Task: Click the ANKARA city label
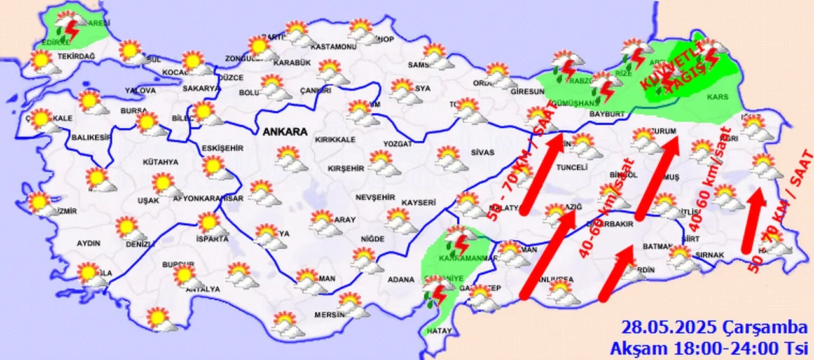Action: [x=285, y=132]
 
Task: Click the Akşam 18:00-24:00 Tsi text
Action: [x=709, y=348]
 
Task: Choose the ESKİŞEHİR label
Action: [x=222, y=148]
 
